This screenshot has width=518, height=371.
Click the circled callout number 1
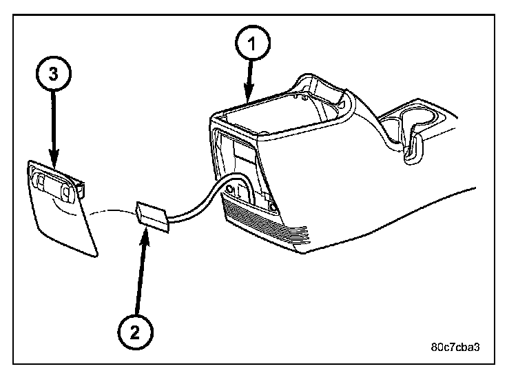pos(252,44)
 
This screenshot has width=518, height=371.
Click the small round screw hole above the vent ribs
pos(273,205)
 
